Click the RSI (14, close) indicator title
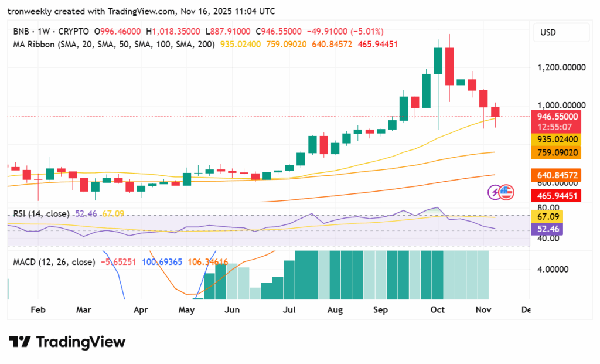tap(41, 214)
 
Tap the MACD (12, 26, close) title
tap(54, 262)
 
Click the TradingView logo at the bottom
tap(67, 342)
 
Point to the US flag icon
tap(506, 192)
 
